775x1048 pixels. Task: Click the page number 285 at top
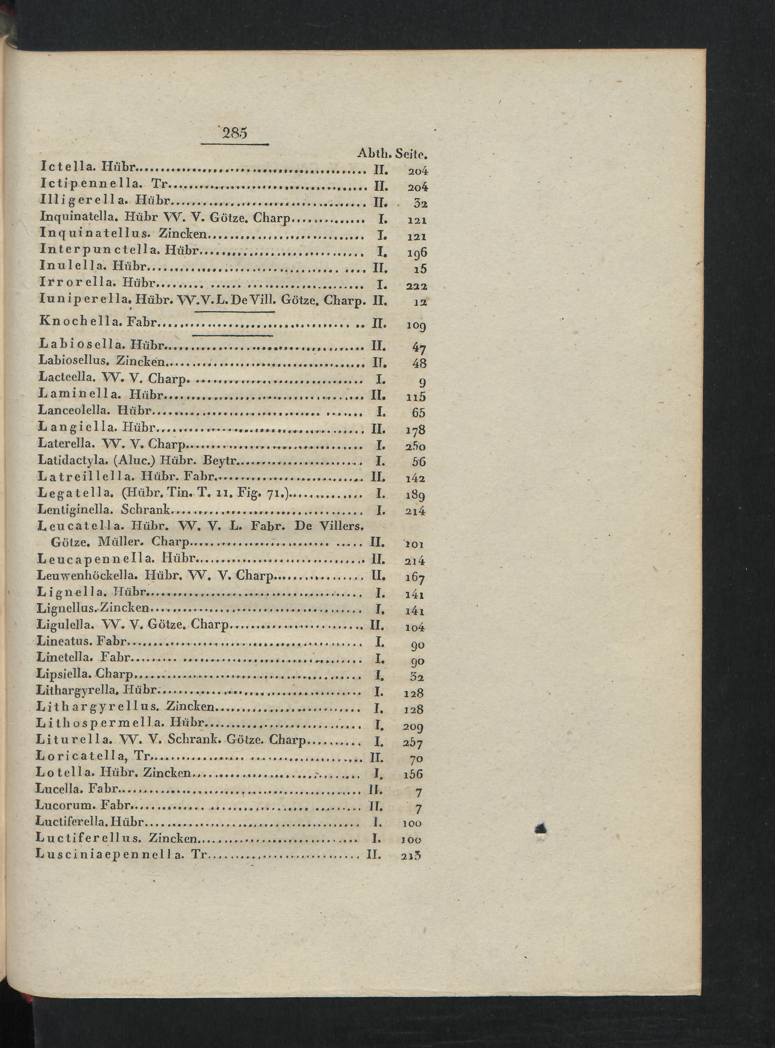pos(235,133)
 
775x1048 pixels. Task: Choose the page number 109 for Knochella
pos(416,324)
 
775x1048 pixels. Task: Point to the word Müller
pos(120,542)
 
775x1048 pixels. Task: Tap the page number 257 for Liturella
pos(413,743)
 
